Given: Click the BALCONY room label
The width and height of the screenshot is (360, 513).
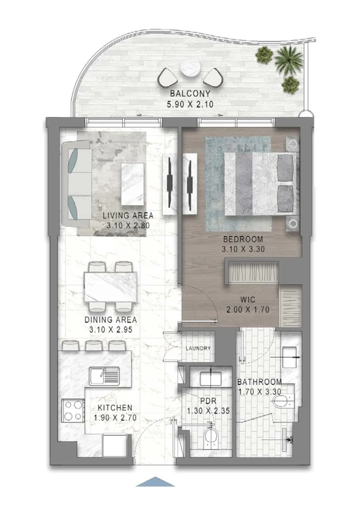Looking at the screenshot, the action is coord(190,94).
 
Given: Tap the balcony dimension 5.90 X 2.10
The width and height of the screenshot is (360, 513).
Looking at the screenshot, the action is coord(190,104).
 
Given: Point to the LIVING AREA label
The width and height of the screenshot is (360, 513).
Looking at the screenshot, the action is coord(128,215).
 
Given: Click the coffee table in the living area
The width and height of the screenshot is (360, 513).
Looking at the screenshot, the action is coord(132,184).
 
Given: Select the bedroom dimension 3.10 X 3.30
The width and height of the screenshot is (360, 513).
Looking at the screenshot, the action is coord(243,249).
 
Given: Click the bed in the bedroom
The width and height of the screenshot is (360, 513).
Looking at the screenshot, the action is coord(260,184).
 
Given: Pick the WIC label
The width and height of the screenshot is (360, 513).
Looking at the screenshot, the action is coord(248,299).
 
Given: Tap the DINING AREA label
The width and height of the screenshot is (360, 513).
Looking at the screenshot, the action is coord(110,320).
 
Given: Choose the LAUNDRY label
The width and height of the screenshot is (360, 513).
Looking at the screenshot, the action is coord(198,348).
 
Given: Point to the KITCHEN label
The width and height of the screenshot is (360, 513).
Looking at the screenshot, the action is coord(115,408).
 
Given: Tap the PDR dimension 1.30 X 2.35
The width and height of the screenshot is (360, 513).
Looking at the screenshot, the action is coord(208,411).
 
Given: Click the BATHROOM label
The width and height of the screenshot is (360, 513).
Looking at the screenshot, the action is coord(259,382).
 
